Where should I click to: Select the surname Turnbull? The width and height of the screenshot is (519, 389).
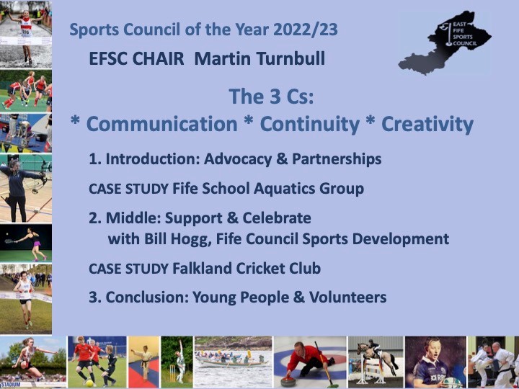(290, 59)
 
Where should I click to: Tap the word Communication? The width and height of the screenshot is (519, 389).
(162, 124)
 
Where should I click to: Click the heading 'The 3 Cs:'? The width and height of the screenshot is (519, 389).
(271, 97)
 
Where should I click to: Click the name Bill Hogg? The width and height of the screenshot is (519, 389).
(178, 239)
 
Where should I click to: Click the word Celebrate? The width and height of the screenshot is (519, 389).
(277, 218)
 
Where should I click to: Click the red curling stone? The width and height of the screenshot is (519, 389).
(288, 382)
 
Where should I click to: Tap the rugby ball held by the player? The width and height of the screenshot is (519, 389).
(452, 383)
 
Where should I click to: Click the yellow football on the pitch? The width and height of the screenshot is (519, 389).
(89, 383)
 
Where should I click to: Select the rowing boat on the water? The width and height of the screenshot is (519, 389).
(231, 362)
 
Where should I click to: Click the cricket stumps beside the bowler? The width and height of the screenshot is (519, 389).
(172, 373)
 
